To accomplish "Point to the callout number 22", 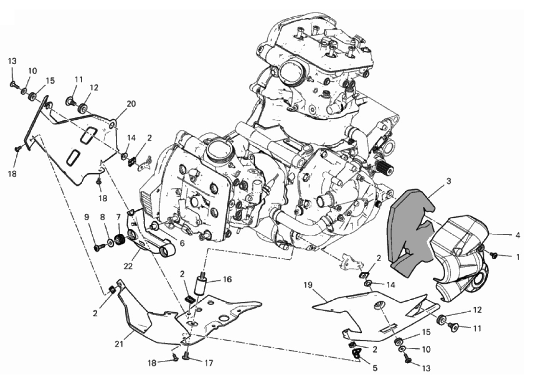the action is tap(128, 267).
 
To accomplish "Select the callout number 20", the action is tap(131, 104).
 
